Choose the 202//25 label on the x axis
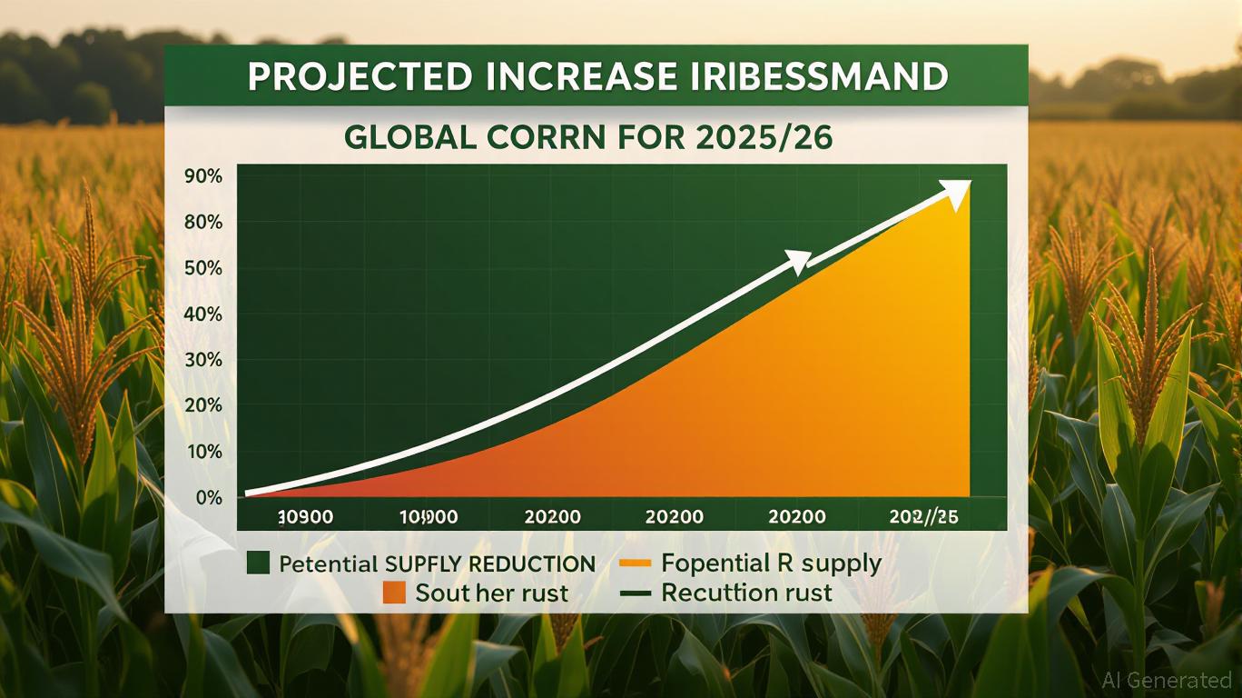924,517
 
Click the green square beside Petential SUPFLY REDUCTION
259,563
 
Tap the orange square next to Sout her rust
393,593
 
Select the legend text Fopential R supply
771,563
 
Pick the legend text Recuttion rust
746,593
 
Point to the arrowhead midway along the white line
796,261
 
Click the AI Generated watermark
1167,680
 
